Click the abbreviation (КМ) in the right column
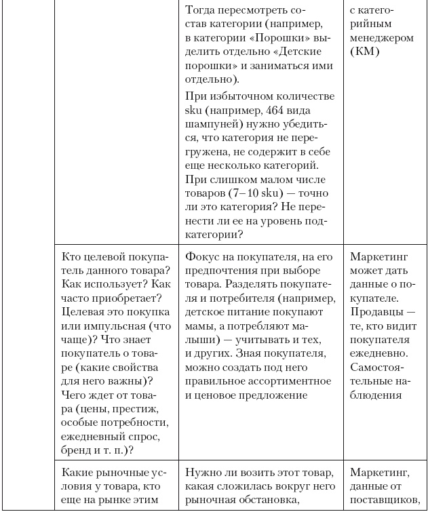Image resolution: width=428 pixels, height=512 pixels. (x=366, y=52)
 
